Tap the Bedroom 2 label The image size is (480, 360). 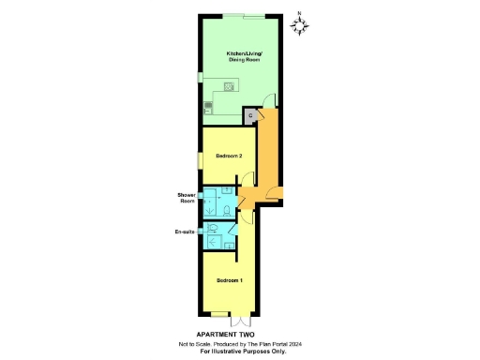230,155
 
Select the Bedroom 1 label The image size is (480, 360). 230,280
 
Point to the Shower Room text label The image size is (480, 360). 187,198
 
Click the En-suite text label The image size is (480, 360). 185,231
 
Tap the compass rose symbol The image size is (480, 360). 302,26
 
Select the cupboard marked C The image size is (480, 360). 250,115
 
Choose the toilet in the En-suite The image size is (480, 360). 216,228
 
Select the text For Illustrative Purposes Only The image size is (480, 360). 243,351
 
